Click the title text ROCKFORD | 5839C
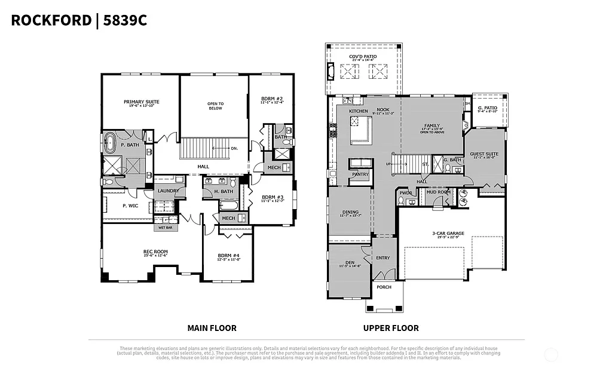pyautogui.click(x=79, y=20)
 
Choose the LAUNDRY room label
pyautogui.click(x=168, y=191)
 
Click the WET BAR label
pyautogui.click(x=166, y=228)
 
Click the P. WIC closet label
pyautogui.click(x=131, y=206)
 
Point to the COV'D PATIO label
pyautogui.click(x=363, y=57)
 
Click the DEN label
pyautogui.click(x=350, y=263)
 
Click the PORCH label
pyautogui.click(x=384, y=287)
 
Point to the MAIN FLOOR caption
pyautogui.click(x=212, y=328)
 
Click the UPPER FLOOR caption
pyautogui.click(x=391, y=328)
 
